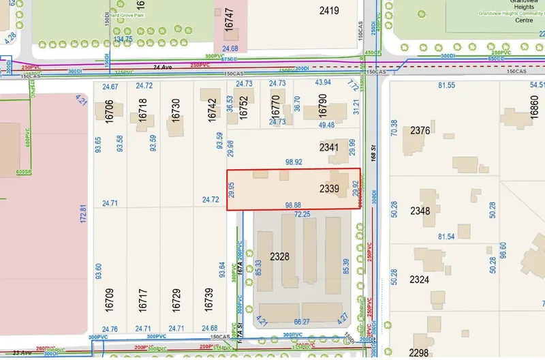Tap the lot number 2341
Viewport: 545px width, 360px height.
pyautogui.click(x=329, y=147)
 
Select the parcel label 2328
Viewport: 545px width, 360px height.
pyautogui.click(x=280, y=258)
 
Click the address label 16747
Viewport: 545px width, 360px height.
pyautogui.click(x=229, y=22)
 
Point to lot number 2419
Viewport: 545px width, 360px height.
pyautogui.click(x=329, y=10)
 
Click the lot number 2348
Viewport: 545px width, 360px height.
pyautogui.click(x=420, y=211)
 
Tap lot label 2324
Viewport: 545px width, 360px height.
pyautogui.click(x=420, y=280)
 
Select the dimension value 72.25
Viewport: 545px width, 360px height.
pyautogui.click(x=302, y=214)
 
